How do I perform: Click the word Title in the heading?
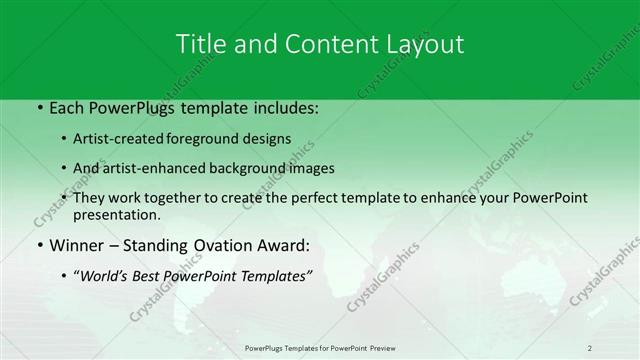pyautogui.click(x=198, y=44)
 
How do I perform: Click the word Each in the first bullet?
pyautogui.click(x=67, y=107)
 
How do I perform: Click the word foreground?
pyautogui.click(x=201, y=139)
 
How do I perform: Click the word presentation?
pyautogui.click(x=116, y=214)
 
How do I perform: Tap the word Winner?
pyautogui.click(x=77, y=245)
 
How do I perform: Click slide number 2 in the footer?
pyautogui.click(x=590, y=348)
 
